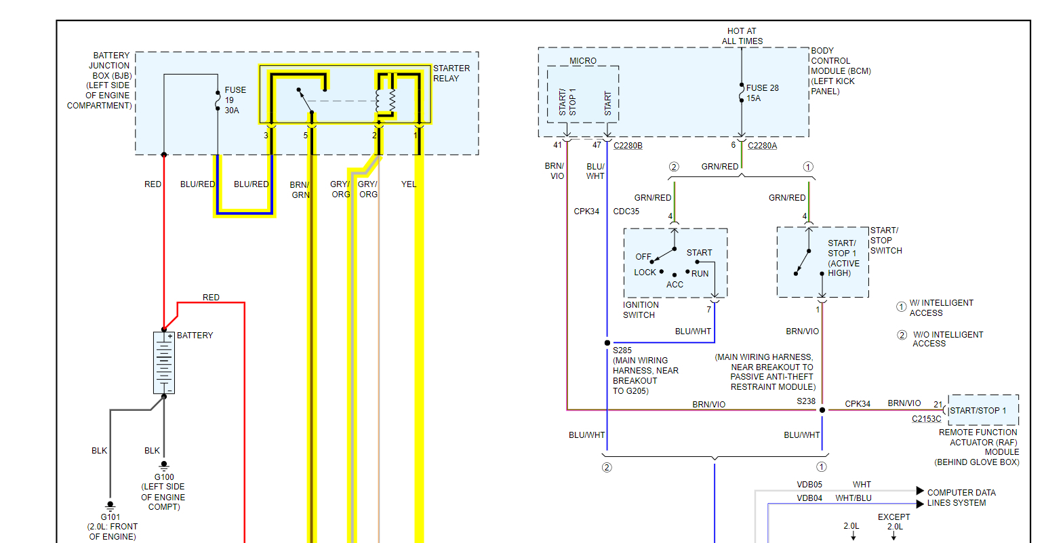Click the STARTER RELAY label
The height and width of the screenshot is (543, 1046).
pos(451,73)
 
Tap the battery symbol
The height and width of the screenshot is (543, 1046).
pos(164,363)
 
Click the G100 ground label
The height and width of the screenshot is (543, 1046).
pos(163,477)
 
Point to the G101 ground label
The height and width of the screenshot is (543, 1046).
pos(110,517)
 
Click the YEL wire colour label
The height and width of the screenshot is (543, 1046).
pos(408,184)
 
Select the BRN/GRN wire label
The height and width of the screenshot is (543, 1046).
pos(300,190)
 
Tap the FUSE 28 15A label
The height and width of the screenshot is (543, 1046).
pos(762,93)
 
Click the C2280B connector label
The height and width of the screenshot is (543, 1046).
pos(628,146)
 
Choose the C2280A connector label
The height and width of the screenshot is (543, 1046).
pos(762,146)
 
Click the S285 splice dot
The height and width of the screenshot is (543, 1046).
pos(607,343)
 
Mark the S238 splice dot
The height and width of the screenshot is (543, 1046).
pos(822,409)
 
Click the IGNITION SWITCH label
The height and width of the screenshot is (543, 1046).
pos(641,310)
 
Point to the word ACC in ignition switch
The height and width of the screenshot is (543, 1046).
pos(675,285)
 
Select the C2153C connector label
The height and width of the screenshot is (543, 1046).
pos(926,419)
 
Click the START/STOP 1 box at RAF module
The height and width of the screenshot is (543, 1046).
pos(983,410)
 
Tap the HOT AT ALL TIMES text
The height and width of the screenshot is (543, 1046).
pos(742,36)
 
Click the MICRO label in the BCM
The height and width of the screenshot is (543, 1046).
pos(583,61)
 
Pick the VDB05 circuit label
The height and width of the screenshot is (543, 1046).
pos(809,485)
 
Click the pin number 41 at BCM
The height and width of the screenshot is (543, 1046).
pos(557,145)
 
